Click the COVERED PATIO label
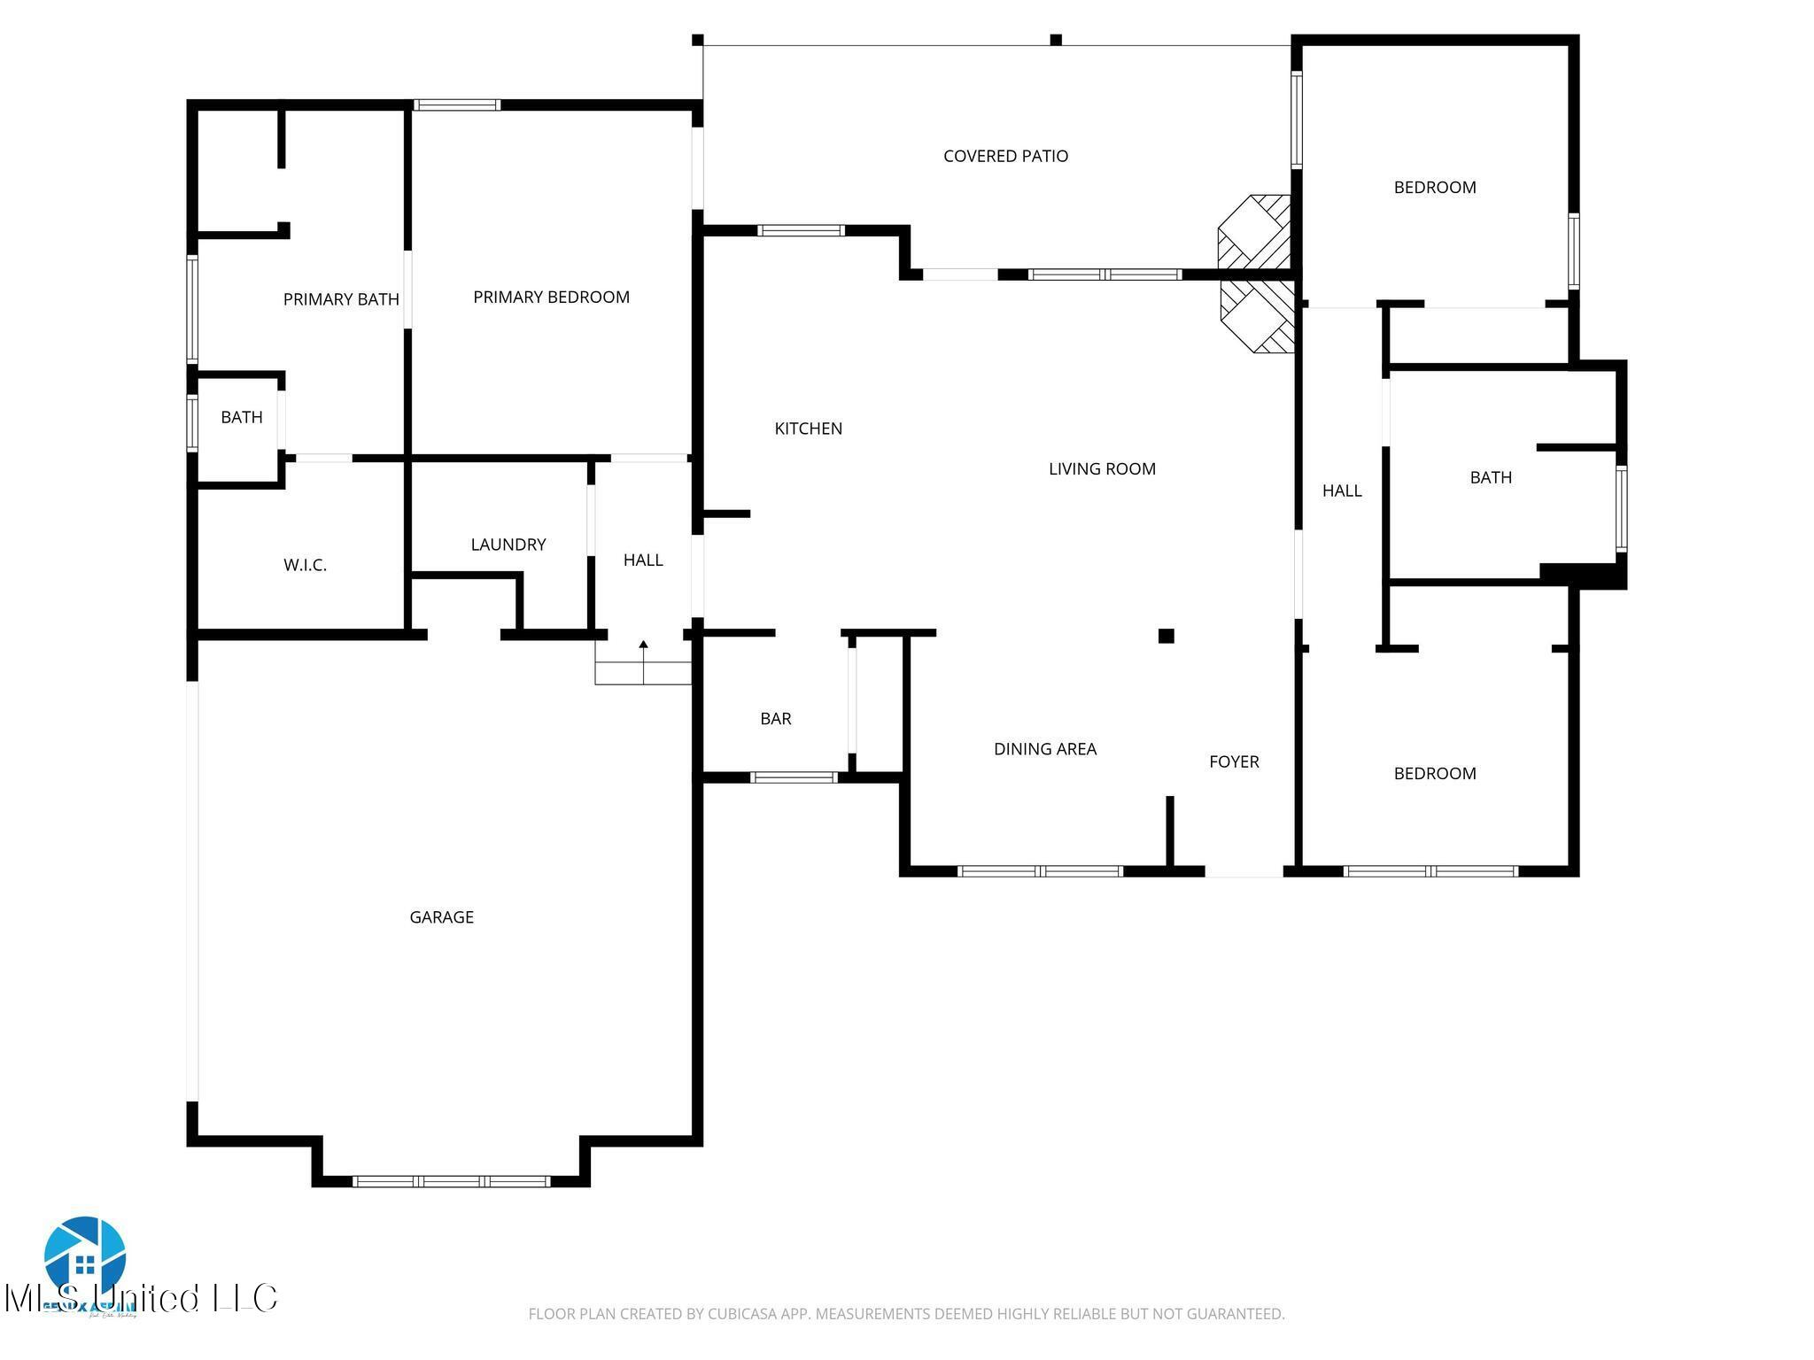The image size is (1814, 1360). (1005, 156)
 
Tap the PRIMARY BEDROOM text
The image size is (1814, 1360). (551, 297)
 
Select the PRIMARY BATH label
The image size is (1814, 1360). (341, 299)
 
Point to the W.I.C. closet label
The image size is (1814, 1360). (305, 565)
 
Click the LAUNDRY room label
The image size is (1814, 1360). (508, 545)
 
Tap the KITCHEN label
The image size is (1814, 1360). (808, 429)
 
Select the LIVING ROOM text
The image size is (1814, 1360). (1102, 469)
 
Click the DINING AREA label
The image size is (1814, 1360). (1045, 749)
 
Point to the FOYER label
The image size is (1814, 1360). (1234, 761)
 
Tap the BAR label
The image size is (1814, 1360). (775, 719)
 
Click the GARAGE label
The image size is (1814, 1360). (441, 917)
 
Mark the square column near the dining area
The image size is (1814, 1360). (1166, 636)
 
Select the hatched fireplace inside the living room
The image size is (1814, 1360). (1256, 317)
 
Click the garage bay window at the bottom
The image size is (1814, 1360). (451, 1181)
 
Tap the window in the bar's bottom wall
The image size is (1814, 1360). (794, 777)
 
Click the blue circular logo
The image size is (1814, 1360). (85, 1256)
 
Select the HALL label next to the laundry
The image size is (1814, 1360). (643, 560)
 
